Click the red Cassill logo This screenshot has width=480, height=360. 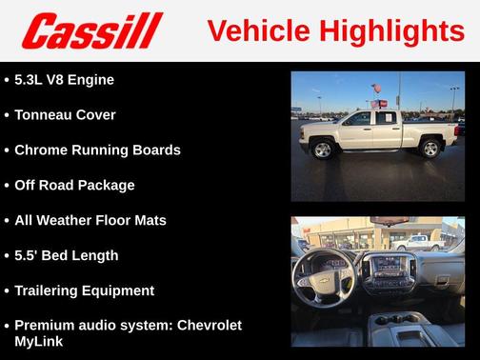pos(92,30)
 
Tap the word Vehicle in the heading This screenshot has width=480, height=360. pos(252,30)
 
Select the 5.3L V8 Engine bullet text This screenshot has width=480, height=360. pos(64,80)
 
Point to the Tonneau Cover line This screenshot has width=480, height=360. pos(65,115)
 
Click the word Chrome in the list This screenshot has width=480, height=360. pos(43,150)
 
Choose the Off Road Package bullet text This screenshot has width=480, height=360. pos(74,186)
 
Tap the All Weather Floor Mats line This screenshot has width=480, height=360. pos(90,221)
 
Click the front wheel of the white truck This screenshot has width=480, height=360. pos(323,150)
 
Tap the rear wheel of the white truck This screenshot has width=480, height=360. pos(430,149)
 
